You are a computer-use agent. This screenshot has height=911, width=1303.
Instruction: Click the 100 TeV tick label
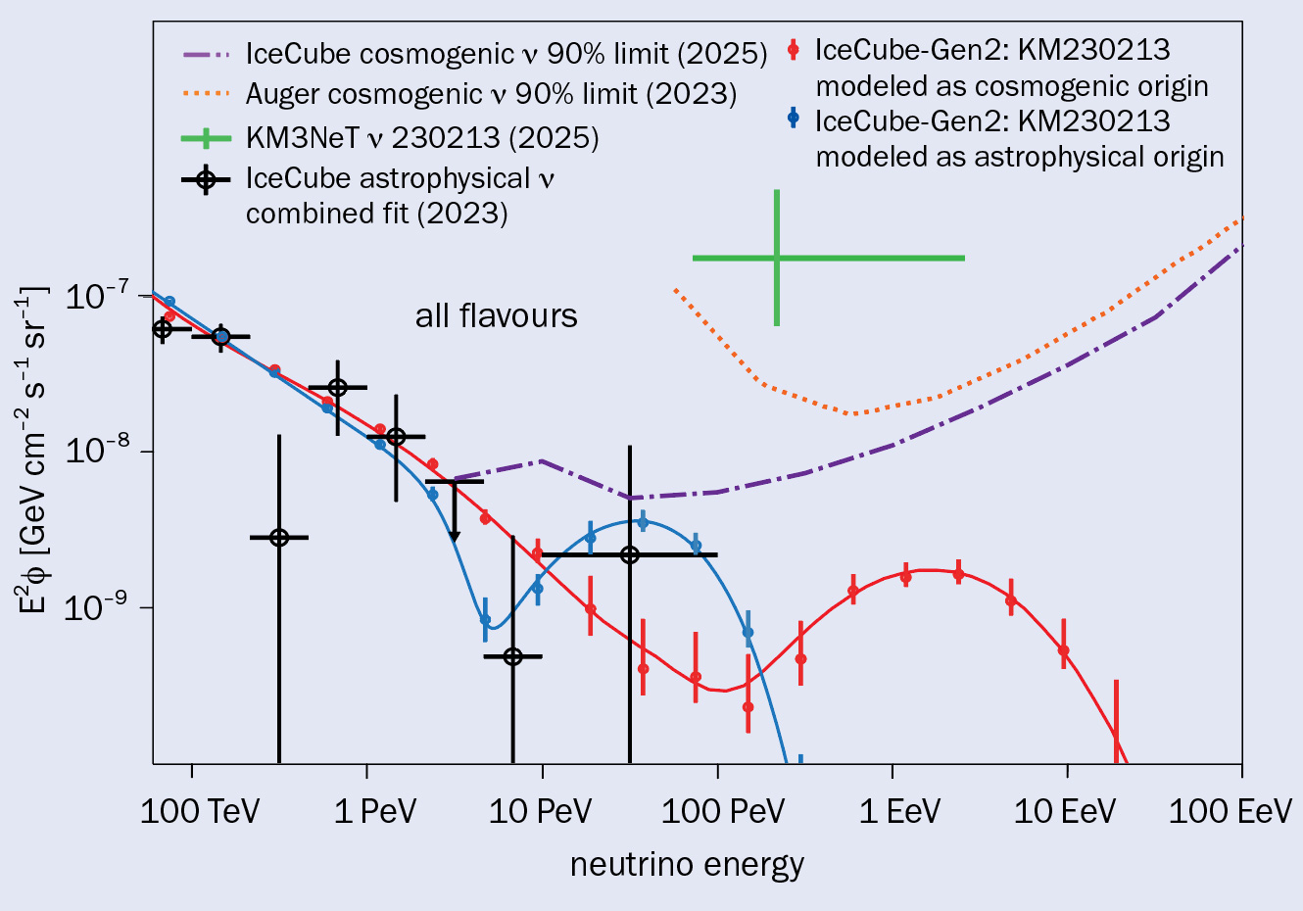coord(200,812)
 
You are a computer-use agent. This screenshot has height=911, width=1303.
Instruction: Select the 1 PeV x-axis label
coord(376,812)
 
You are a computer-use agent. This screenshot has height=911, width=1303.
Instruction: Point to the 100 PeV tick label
coord(723,812)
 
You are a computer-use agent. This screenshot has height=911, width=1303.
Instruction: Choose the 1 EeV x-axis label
coord(899,812)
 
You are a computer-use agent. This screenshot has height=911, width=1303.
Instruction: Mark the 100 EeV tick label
coord(1232,812)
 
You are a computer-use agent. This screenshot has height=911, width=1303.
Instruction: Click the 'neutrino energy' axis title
coord(687,865)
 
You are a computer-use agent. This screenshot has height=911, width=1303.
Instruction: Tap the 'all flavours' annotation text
coord(496,315)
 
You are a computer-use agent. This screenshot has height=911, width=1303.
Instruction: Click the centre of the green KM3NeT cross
coord(776,258)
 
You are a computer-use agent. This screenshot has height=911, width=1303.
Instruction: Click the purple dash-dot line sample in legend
coord(206,53)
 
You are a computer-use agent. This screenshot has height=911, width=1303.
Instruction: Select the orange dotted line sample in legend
coord(206,94)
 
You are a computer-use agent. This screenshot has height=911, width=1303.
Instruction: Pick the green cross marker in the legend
coord(206,138)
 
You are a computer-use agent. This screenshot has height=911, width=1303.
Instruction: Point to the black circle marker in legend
coord(206,179)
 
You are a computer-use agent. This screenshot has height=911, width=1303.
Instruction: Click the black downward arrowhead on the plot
coord(454,535)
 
